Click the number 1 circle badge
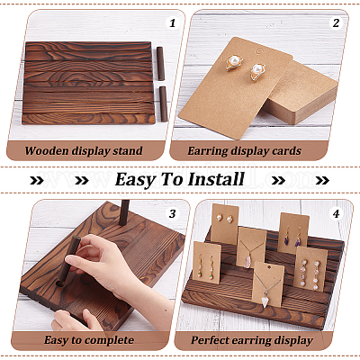[x=172, y=22]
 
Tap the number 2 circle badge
[x=336, y=22]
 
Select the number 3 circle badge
[x=172, y=213]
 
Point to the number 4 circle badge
[x=336, y=213]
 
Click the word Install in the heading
[x=216, y=179]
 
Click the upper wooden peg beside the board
[x=161, y=64]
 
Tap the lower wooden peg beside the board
[x=163, y=103]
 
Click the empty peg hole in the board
[x=60, y=283]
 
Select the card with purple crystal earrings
[x=293, y=233]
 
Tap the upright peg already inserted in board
[x=123, y=212]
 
